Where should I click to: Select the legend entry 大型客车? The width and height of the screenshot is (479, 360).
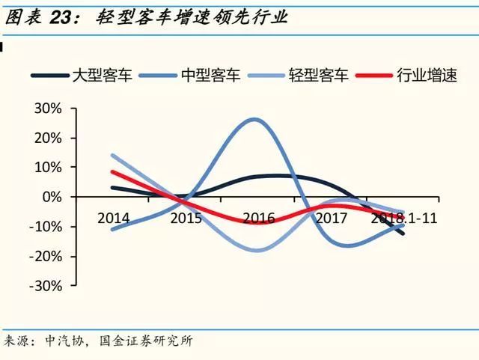coord(101,76)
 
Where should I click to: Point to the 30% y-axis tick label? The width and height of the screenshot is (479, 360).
coord(47,109)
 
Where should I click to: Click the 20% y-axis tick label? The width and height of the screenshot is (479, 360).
coord(47,138)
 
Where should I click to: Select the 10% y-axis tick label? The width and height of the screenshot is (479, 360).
coord(47,167)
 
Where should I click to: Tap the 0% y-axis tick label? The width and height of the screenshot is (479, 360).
coord(51,197)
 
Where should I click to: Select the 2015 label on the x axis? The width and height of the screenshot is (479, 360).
coord(186,218)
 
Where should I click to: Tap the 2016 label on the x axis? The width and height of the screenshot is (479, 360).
coord(258,218)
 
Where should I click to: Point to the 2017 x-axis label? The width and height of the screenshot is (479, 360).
coord(331,218)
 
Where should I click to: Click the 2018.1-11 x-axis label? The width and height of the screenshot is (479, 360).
coord(404,218)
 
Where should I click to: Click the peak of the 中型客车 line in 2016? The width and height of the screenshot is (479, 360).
coord(254,119)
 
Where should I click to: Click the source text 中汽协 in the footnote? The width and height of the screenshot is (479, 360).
coord(63,342)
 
